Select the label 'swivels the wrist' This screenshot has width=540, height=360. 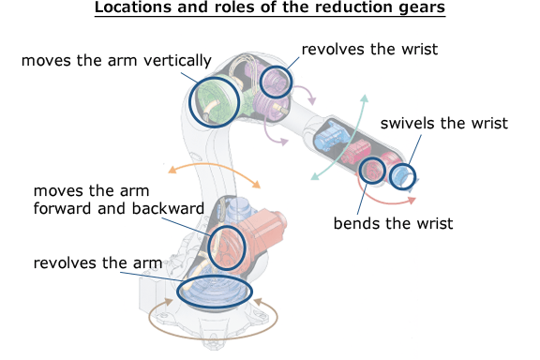point(443,123)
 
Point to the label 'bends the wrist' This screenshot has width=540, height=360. point(394,223)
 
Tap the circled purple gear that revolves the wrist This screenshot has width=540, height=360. point(276,82)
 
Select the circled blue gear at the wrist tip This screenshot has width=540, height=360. point(403,175)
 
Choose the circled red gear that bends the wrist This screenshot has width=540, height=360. point(373,170)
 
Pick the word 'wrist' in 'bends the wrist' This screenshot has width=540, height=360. point(435,223)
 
